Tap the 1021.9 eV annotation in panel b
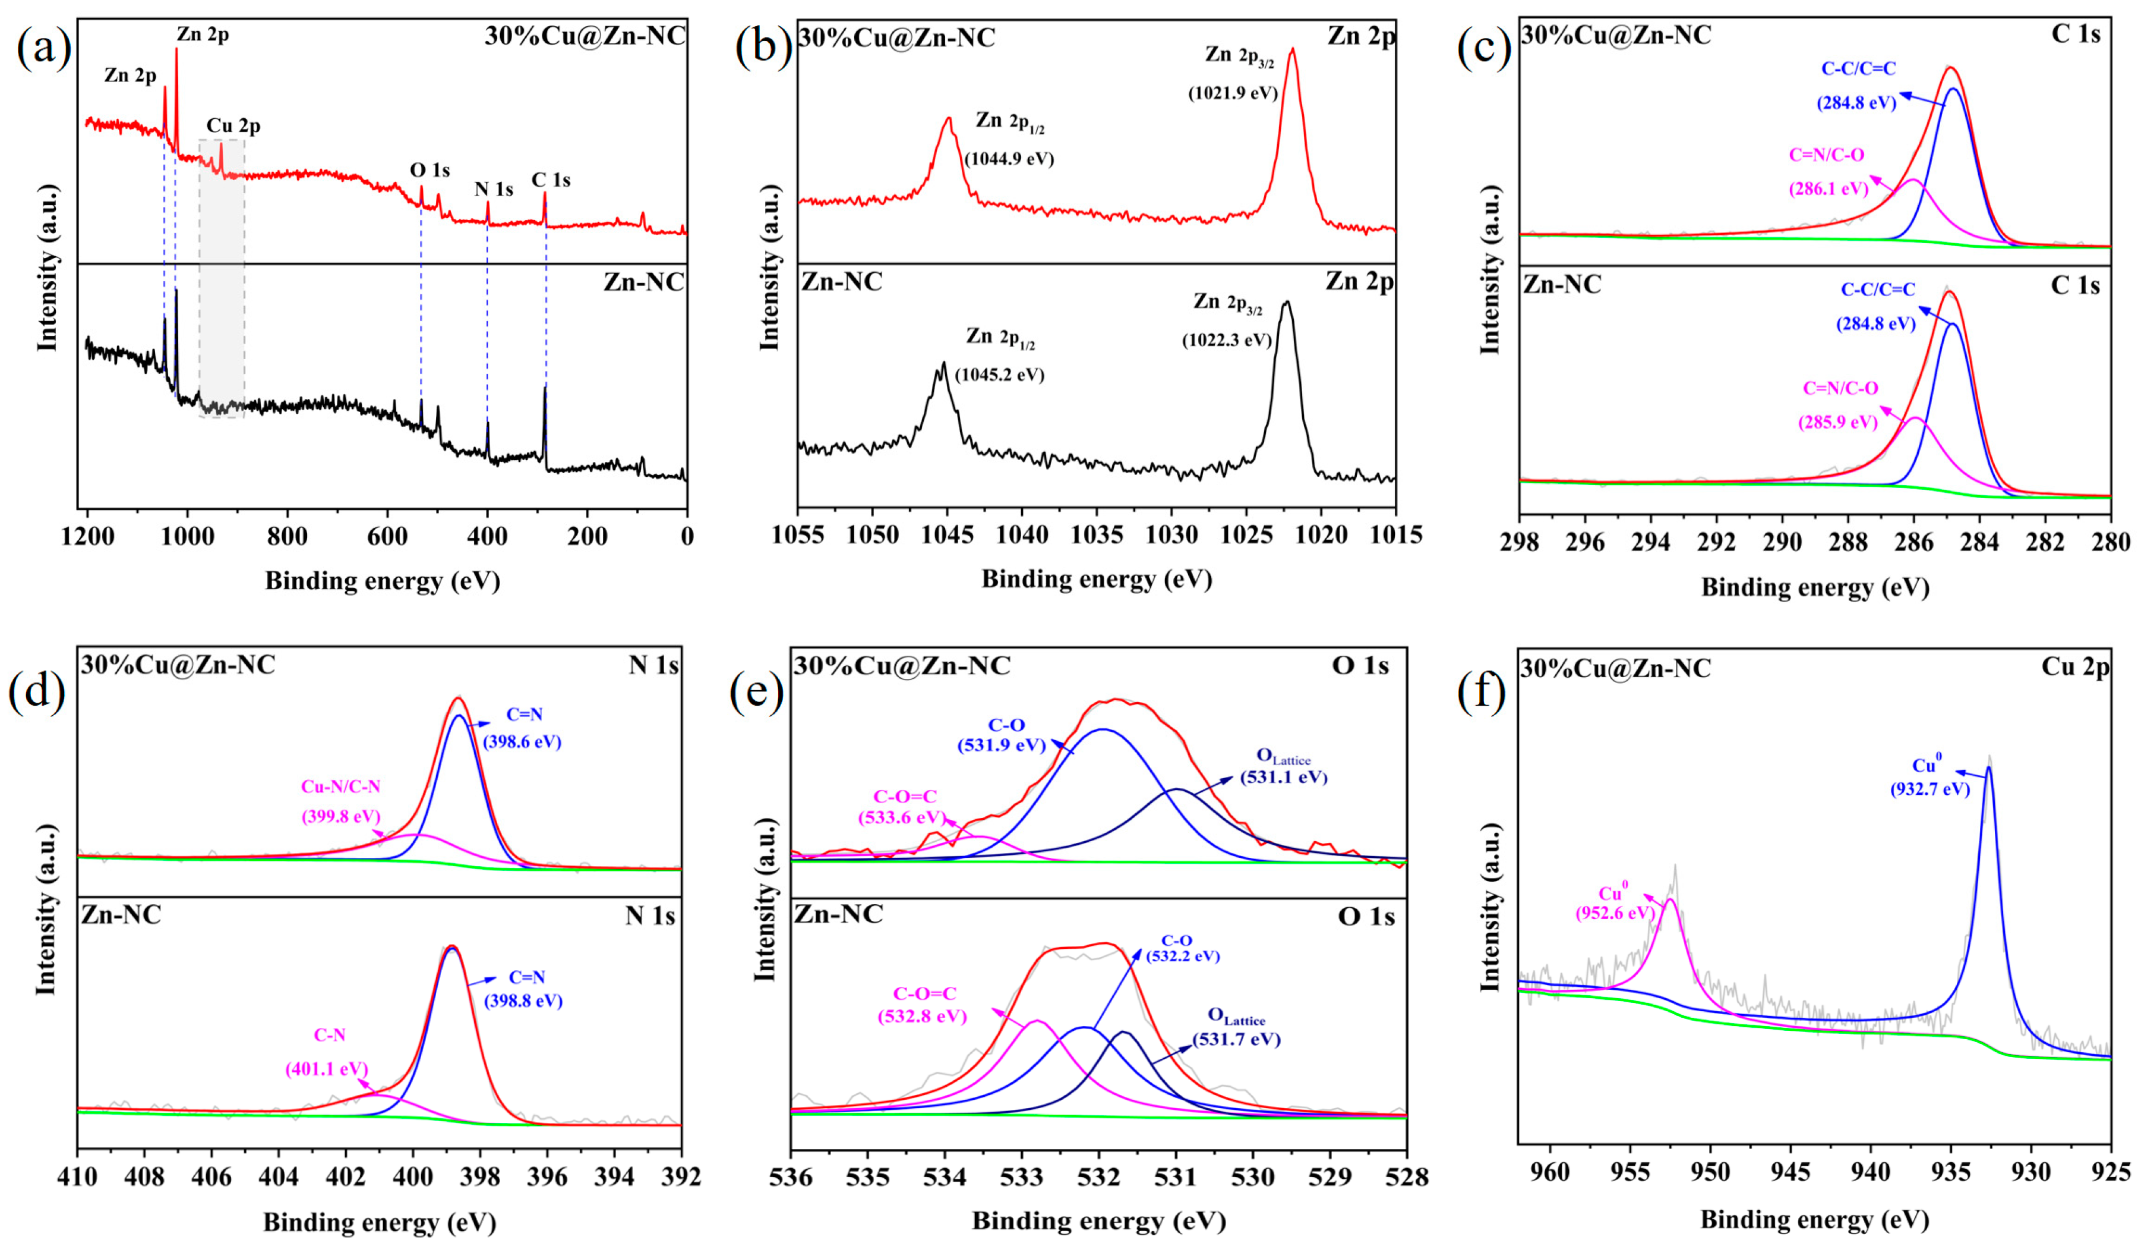pos(1232,93)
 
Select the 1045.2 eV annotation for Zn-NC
pos(999,375)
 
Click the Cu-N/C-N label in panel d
pos(340,787)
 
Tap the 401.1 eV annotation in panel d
pos(327,1069)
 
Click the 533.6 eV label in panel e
pos(901,817)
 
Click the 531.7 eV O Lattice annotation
pos(1236,1039)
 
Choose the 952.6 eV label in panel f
pos(1615,913)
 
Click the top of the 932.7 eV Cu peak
pos(1988,768)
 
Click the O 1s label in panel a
pos(430,171)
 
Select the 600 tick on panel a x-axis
pos(388,536)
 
